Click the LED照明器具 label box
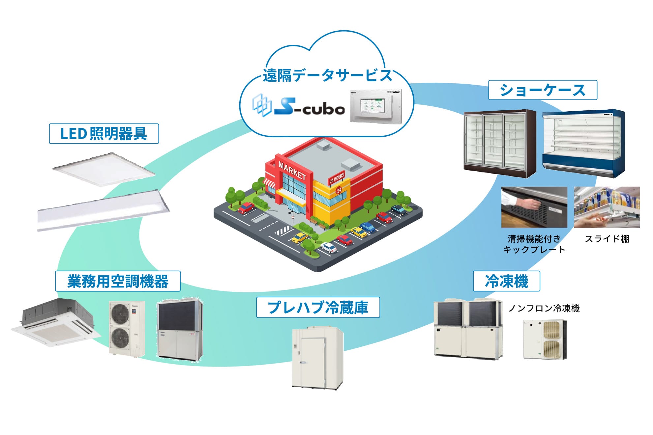(x=104, y=134)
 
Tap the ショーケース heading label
(x=542, y=90)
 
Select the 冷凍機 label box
(x=506, y=281)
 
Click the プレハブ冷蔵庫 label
(x=318, y=307)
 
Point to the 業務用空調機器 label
(x=118, y=281)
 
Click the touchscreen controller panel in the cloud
(x=375, y=106)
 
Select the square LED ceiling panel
(x=104, y=169)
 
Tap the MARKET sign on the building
(x=292, y=171)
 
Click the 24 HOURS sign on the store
(x=337, y=178)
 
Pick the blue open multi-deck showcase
(x=583, y=143)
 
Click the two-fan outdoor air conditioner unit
(x=127, y=329)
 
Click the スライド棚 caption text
(x=607, y=239)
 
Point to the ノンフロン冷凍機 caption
(x=544, y=309)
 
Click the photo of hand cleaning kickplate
(x=534, y=207)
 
